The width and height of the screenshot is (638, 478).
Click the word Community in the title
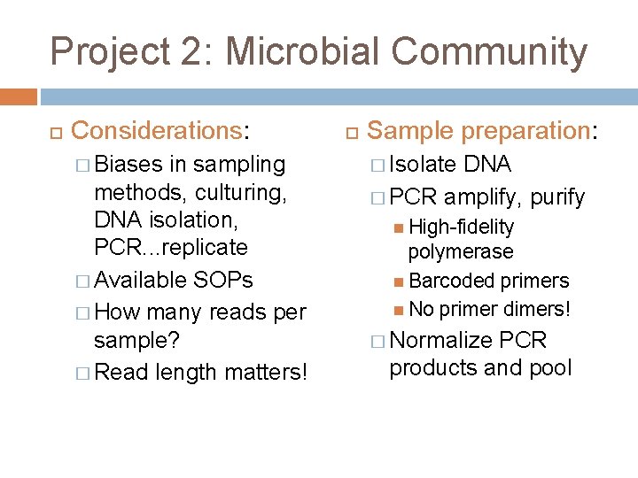tap(489, 51)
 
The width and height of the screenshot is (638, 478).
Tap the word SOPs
tap(222, 281)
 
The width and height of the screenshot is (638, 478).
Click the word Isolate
tap(423, 165)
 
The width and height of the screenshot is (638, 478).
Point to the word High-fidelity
tap(461, 227)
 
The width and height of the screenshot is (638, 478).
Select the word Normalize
tap(440, 341)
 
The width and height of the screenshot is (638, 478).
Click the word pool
tap(552, 368)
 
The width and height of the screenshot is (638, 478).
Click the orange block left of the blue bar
tap(19, 96)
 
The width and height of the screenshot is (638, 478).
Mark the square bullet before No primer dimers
tap(401, 309)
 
